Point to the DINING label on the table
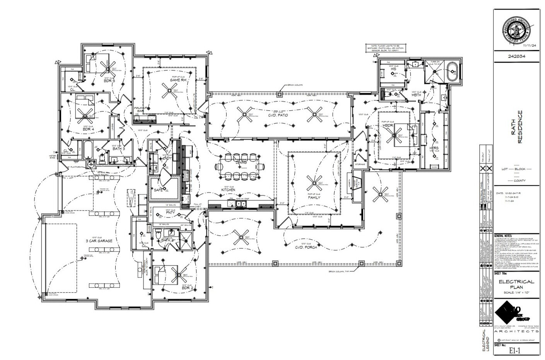(x=241, y=163)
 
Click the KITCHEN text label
(x=228, y=190)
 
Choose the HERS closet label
(x=434, y=148)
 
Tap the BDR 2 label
(x=187, y=288)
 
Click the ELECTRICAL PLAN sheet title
(x=516, y=284)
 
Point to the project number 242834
(x=516, y=56)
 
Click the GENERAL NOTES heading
(x=503, y=235)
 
